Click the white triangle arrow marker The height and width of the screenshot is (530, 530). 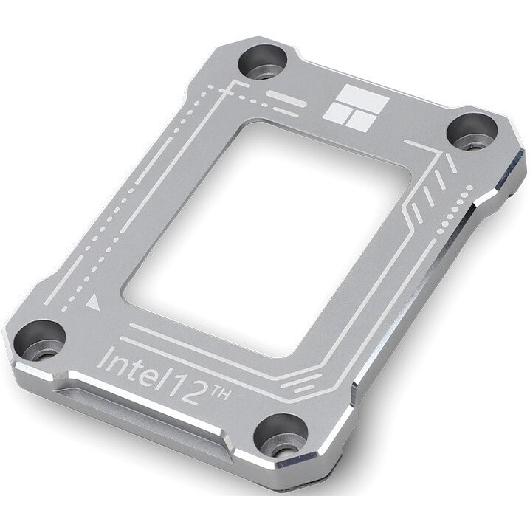tap(93, 302)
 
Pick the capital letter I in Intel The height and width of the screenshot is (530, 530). tap(103, 357)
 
